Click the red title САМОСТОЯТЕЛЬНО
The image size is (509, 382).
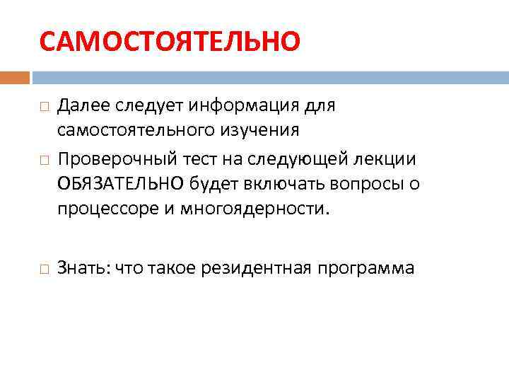pos(170,41)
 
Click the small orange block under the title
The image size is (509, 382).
pos(14,77)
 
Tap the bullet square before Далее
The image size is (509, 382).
pos(45,108)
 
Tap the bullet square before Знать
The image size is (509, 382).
pos(45,270)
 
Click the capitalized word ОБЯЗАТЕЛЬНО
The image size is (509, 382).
pos(122,184)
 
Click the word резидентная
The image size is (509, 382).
pos(255,268)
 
